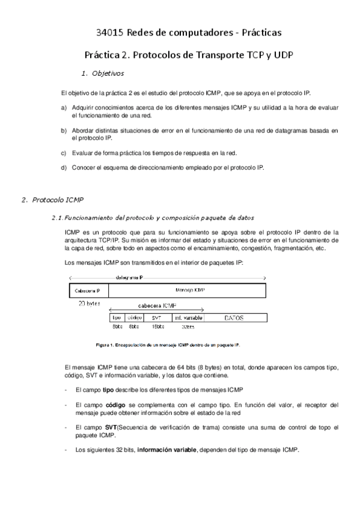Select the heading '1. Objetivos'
(102, 74)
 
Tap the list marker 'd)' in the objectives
(64, 167)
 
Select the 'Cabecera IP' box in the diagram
(87, 290)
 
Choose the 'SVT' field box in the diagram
(156, 317)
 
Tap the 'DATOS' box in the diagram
(234, 317)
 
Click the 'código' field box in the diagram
(134, 317)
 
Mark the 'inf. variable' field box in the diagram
(188, 317)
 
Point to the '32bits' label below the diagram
(188, 327)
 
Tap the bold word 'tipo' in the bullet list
(108, 390)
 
